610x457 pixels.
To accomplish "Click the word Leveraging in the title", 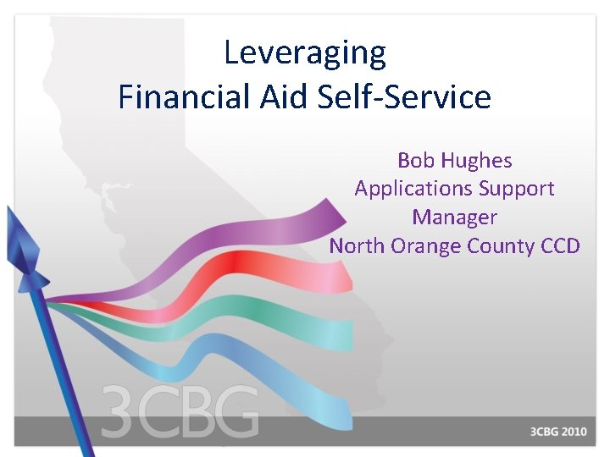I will (x=305, y=53).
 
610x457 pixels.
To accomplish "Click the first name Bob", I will (x=415, y=160).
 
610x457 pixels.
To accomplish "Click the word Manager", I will (x=454, y=217).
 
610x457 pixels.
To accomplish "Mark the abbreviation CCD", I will (x=560, y=246).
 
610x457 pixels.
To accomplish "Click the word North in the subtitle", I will (x=355, y=246).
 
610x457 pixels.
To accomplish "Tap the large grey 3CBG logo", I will (x=180, y=413).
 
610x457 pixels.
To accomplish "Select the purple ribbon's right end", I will (x=326, y=216).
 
